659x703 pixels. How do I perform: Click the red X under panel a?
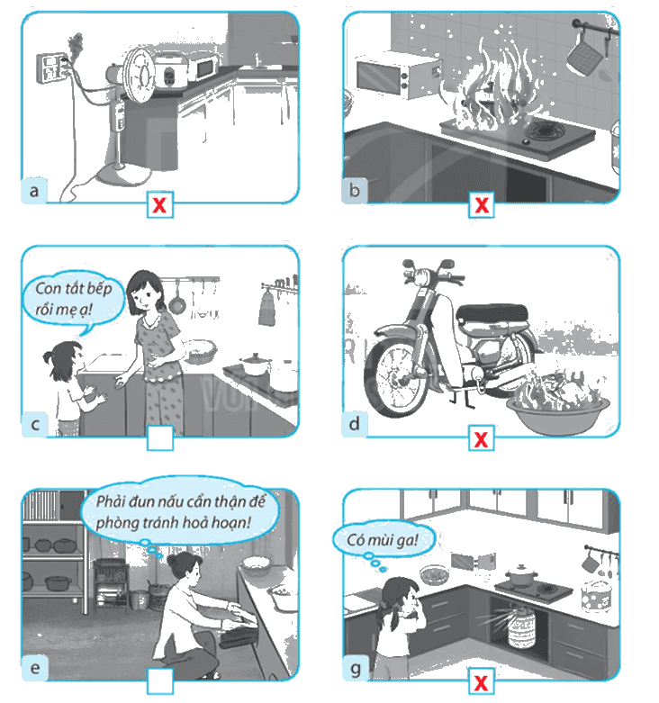point(160,204)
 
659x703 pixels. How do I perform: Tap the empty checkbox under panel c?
point(160,437)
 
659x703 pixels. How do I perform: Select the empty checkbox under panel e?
point(160,681)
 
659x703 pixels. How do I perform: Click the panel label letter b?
point(354,191)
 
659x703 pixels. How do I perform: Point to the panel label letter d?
point(354,423)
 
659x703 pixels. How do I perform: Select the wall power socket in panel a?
point(51,68)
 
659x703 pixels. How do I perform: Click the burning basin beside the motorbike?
point(557,408)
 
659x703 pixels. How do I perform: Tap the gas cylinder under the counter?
point(520,626)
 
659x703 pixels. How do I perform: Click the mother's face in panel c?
point(143,295)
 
